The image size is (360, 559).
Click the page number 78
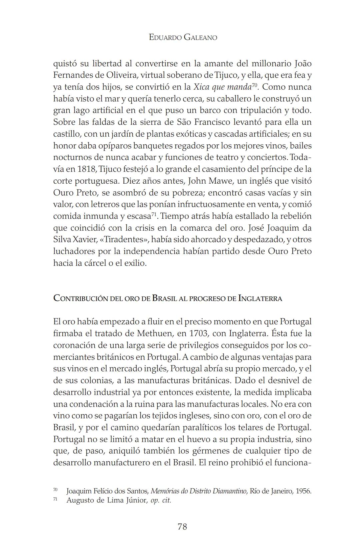tap(182, 527)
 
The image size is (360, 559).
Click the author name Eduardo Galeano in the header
tap(183, 37)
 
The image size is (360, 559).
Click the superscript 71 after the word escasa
tap(154, 214)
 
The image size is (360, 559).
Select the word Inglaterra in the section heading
tap(260, 298)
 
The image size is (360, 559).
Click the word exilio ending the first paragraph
tap(135, 263)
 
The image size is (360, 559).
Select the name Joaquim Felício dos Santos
tap(107, 491)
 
